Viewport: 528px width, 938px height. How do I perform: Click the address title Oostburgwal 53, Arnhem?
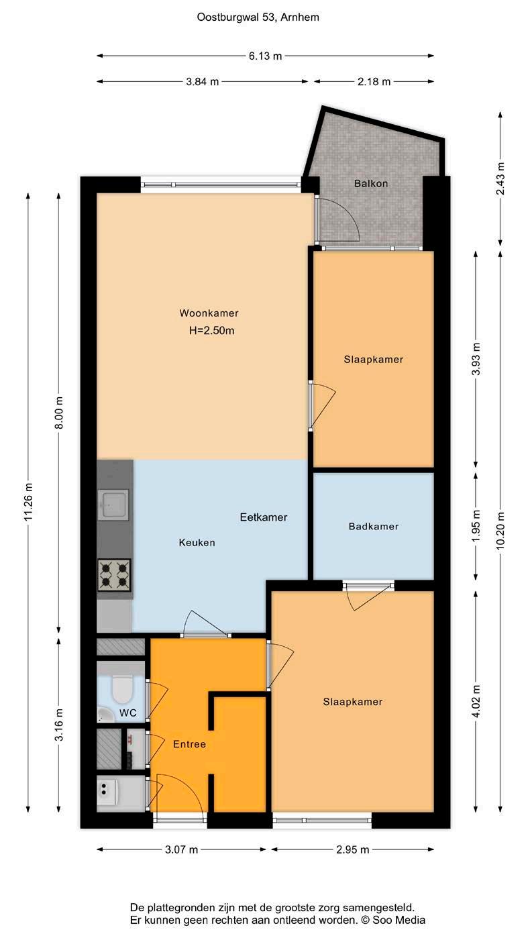point(258,17)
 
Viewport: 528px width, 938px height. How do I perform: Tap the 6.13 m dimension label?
point(266,56)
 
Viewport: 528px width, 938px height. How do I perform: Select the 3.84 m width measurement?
point(202,82)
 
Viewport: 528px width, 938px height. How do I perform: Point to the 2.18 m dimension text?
point(374,82)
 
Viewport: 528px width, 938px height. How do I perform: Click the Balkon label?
point(371,183)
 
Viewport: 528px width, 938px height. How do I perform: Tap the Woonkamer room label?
point(209,313)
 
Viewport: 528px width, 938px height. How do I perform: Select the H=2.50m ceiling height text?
point(211,330)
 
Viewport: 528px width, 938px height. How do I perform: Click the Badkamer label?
point(374,527)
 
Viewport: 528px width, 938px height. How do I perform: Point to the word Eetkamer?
point(264,517)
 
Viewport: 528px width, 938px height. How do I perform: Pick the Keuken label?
point(197,543)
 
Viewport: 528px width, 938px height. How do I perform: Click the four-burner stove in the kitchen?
point(114,575)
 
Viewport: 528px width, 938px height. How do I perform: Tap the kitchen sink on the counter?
point(113,505)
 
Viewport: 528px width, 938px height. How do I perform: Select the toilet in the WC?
point(122,690)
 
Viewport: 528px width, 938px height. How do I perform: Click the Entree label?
point(189,744)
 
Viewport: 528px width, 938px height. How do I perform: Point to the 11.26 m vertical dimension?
point(28,502)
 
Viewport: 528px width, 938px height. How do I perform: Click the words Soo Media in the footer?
point(399,920)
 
